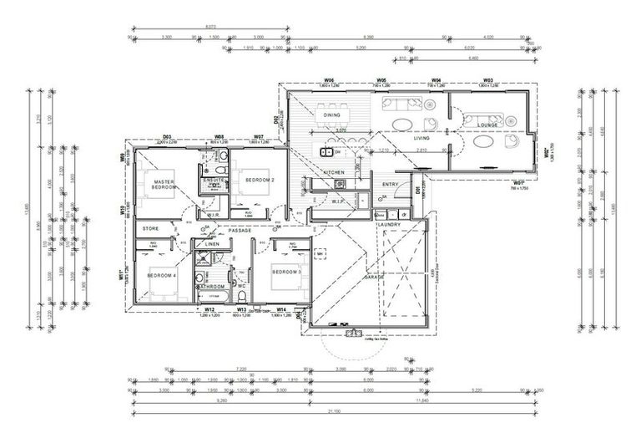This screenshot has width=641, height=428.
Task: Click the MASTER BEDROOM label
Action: pos(164,185)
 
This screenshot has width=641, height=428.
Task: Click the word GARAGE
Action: pos(373,277)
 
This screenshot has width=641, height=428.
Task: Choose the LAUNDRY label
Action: pos(389,225)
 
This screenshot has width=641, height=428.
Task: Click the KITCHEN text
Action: pos(334,172)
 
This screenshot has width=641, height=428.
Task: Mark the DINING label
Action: pos(332,115)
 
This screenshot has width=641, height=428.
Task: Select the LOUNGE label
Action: pos(487,125)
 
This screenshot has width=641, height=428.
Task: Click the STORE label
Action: pos(150,228)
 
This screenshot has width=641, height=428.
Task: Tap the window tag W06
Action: pos(331,81)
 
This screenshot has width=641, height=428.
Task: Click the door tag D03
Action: pos(167,136)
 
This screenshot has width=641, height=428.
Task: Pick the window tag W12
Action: pos(210,309)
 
